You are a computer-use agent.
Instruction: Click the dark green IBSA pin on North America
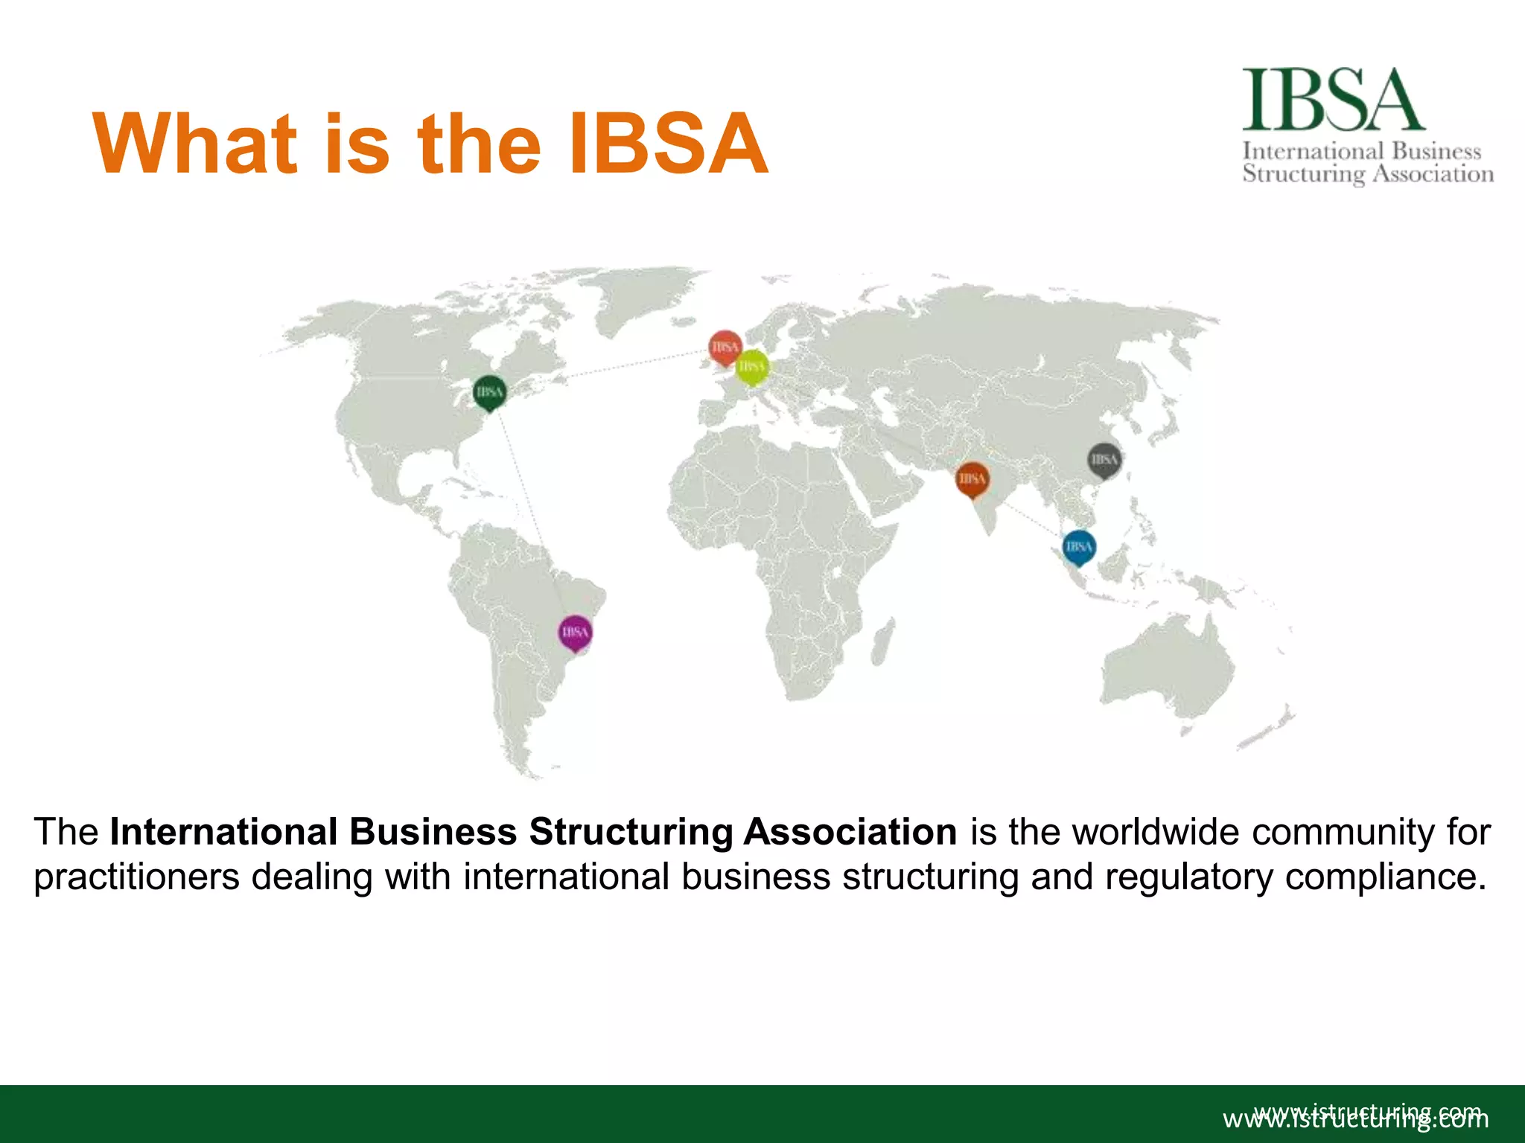click(x=489, y=392)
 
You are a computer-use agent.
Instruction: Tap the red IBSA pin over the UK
click(x=725, y=348)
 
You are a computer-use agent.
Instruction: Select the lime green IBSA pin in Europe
click(x=752, y=367)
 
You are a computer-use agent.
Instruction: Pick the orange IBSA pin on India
click(x=972, y=478)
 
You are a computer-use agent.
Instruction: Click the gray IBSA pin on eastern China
click(x=1104, y=460)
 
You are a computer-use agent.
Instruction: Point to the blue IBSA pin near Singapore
click(x=1079, y=547)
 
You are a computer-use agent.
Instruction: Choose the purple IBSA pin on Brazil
click(x=575, y=633)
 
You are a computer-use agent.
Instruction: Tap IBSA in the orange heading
click(x=667, y=144)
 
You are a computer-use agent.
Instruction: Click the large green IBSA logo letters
click(x=1333, y=100)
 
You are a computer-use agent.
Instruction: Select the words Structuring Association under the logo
click(x=1368, y=174)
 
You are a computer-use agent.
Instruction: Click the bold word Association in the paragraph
click(x=850, y=832)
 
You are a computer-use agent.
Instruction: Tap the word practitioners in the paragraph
click(x=136, y=877)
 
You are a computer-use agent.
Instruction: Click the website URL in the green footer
click(x=1355, y=1118)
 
